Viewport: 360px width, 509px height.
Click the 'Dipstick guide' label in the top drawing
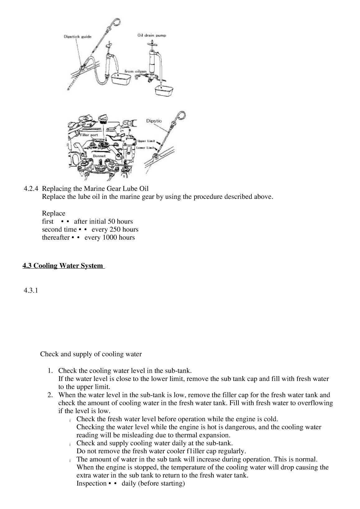[x=77, y=37]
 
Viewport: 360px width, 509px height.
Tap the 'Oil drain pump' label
[x=152, y=35]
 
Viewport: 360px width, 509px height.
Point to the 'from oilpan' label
[x=136, y=71]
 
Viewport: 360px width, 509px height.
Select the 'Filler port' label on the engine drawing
[x=89, y=135]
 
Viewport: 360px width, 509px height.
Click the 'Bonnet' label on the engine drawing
[x=99, y=155]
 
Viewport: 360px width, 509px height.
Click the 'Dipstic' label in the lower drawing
[x=154, y=121]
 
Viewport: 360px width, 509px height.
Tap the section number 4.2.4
[x=31, y=189]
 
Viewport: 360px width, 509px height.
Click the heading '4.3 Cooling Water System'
[x=63, y=266]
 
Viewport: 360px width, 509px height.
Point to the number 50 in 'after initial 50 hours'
[x=111, y=221]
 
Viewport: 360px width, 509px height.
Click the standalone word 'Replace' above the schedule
[x=54, y=213]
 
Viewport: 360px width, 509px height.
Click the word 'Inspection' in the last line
[x=91, y=483]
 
